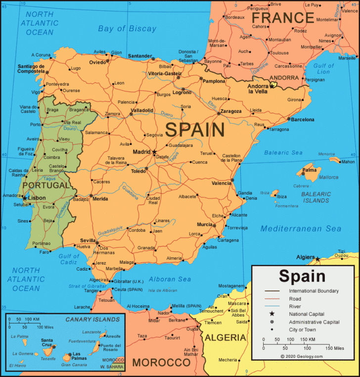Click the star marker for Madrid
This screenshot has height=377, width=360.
(154, 151)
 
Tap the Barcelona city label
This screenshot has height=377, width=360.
(303, 119)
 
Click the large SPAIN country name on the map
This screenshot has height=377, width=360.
(195, 130)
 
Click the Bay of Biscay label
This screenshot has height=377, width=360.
(127, 28)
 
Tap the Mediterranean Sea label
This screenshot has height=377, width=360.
(301, 229)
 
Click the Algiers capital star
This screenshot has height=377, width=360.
(318, 258)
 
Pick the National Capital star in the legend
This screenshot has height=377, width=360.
(271, 314)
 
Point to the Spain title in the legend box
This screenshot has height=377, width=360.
(302, 276)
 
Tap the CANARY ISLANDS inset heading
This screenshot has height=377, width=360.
(92, 319)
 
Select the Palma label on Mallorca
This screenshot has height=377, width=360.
(310, 170)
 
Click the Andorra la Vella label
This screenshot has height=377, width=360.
(257, 89)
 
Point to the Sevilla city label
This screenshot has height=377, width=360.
(88, 240)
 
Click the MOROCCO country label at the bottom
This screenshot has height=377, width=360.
(161, 362)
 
